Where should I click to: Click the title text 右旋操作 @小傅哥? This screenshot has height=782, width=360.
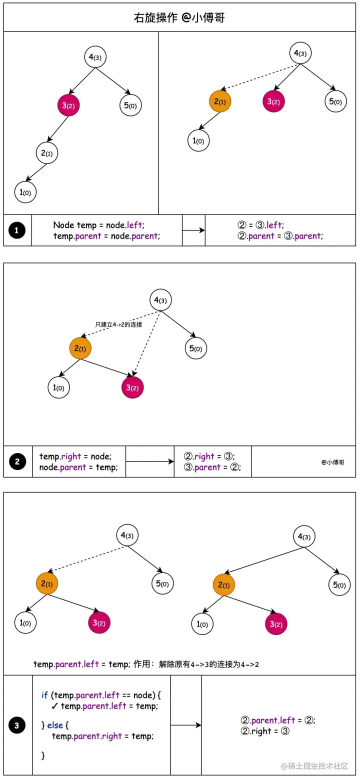tap(179, 18)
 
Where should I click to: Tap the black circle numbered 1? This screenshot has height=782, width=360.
tap(17, 230)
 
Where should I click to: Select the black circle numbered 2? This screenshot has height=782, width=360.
tap(17, 461)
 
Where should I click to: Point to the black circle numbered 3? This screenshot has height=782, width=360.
tap(17, 725)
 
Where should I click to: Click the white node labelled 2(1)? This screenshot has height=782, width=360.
tap(47, 153)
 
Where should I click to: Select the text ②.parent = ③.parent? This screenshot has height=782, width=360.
tap(280, 236)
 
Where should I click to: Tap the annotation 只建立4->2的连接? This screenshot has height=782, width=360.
tap(118, 324)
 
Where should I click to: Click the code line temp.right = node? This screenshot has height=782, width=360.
tap(75, 456)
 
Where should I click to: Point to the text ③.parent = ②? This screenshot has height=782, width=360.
tap(212, 467)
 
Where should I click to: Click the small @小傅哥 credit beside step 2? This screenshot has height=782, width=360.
tap(332, 462)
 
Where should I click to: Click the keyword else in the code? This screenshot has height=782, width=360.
tap(55, 725)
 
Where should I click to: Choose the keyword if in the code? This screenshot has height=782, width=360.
tap(45, 695)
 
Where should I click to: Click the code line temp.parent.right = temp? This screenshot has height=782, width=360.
tap(102, 736)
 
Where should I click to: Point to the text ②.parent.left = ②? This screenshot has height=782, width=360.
tap(277, 720)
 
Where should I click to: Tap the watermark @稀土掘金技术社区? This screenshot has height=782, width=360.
tap(314, 766)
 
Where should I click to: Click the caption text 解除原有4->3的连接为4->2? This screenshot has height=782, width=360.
tap(208, 664)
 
